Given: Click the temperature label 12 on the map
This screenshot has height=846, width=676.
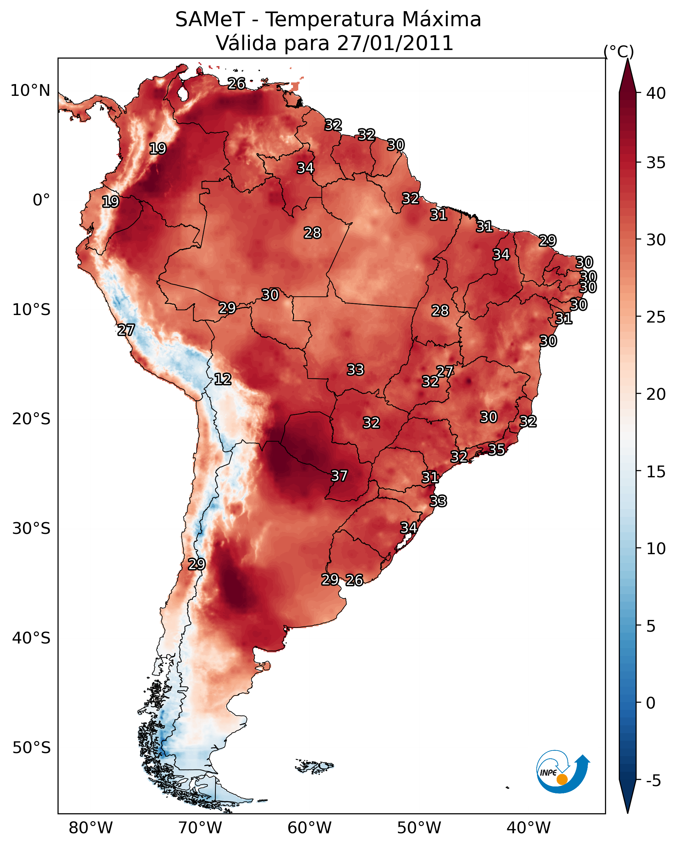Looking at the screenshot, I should (222, 379).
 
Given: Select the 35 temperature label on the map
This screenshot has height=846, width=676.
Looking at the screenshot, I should (496, 449).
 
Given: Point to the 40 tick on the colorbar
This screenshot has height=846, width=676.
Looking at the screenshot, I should (656, 93).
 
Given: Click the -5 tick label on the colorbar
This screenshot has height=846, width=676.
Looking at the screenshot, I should (653, 781).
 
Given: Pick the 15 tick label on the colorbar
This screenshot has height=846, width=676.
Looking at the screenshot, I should (656, 472).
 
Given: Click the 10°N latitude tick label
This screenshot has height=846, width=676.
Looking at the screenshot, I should (30, 91).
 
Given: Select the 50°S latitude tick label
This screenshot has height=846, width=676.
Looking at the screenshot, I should (31, 748).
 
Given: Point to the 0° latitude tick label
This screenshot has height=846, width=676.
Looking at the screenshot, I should (41, 200).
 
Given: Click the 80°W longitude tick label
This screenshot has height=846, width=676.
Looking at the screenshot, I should (91, 828).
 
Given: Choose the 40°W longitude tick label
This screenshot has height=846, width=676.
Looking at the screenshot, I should (529, 828).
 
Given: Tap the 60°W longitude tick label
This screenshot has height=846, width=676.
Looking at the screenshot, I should (310, 828).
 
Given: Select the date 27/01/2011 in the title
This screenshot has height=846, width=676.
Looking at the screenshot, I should (395, 43).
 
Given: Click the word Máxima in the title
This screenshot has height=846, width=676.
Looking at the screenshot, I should (440, 19).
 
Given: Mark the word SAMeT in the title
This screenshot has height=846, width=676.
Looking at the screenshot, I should (210, 19).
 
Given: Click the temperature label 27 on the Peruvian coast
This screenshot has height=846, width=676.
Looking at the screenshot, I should (126, 330).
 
